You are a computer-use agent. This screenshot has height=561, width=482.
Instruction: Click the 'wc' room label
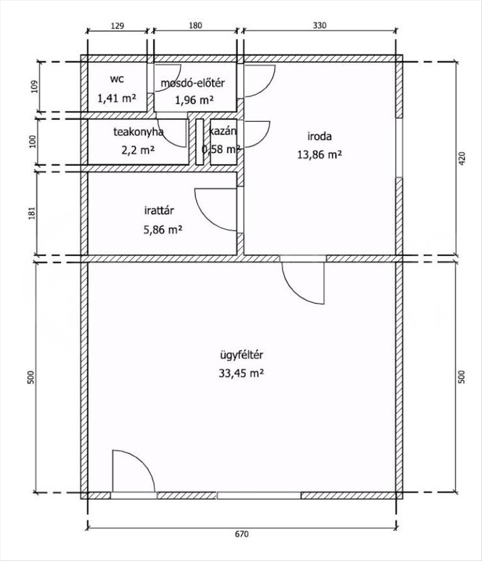tap(117, 80)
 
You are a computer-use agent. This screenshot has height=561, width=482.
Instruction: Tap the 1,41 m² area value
tap(117, 98)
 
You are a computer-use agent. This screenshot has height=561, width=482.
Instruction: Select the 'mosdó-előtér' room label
tap(192, 83)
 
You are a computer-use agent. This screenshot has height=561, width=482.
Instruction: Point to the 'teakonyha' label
tap(138, 132)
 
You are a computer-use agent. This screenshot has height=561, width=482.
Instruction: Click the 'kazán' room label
tap(223, 131)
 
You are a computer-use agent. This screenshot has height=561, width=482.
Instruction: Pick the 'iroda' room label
tap(319, 136)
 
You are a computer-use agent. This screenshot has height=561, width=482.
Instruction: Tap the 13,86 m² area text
tap(319, 155)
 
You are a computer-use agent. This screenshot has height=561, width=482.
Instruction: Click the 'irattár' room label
tap(159, 210)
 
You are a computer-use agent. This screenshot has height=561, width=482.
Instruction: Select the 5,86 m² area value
tap(163, 229)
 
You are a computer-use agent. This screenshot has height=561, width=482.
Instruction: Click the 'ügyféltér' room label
tap(241, 355)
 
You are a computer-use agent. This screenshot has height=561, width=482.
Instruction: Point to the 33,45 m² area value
tap(241, 374)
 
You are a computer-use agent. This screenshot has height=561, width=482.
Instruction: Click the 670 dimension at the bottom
tap(241, 534)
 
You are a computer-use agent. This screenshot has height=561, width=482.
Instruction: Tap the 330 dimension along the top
tap(319, 25)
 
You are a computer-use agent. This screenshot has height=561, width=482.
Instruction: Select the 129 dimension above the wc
tap(117, 25)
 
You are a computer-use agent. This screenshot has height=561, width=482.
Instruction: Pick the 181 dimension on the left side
tap(32, 213)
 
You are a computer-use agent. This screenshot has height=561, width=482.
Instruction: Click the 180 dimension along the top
tap(195, 25)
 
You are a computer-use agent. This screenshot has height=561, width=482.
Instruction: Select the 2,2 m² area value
tap(138, 150)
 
